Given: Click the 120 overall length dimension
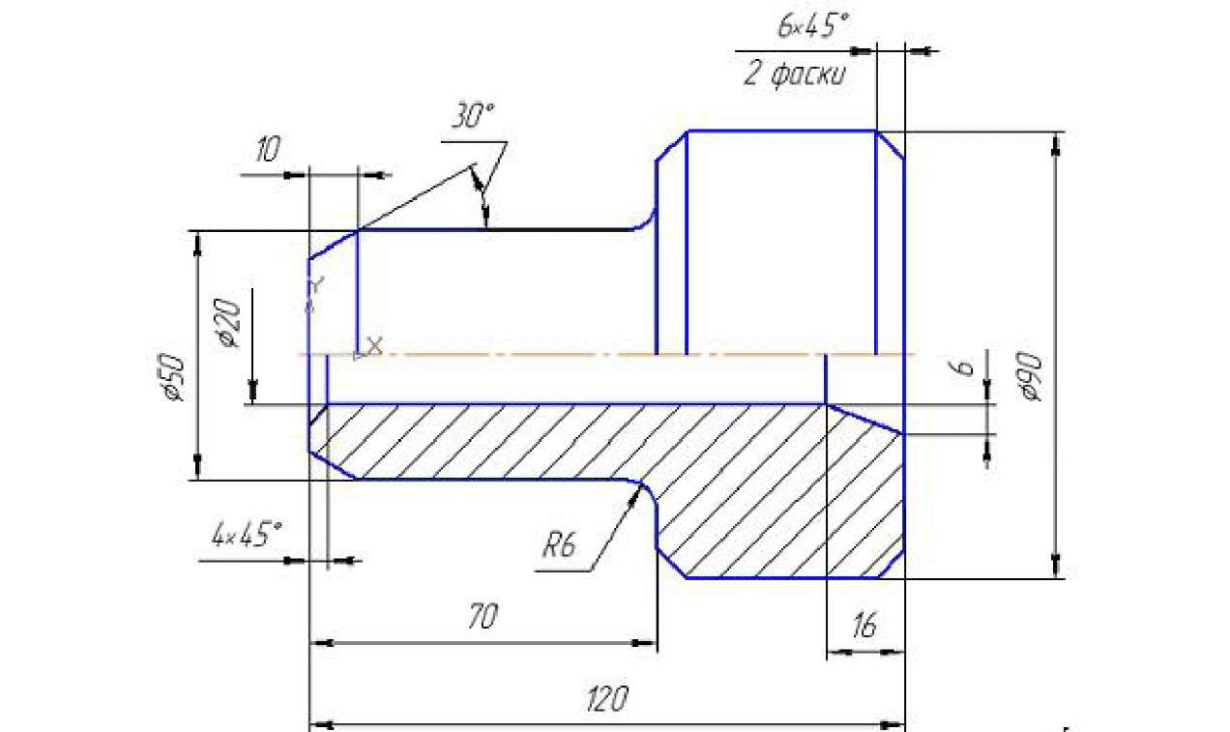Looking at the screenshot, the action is pyautogui.click(x=606, y=699).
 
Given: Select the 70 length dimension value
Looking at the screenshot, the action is pyautogui.click(x=483, y=616).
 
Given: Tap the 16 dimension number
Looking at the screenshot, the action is pyautogui.click(x=864, y=625).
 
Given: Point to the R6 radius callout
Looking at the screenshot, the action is pyautogui.click(x=560, y=545).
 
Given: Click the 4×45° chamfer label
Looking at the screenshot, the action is pyautogui.click(x=248, y=535).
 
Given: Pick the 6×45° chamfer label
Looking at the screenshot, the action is pyautogui.click(x=813, y=25).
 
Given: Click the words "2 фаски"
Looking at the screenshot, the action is pyautogui.click(x=795, y=74).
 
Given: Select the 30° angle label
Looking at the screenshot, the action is pyautogui.click(x=473, y=115).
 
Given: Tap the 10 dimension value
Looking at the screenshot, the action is pyautogui.click(x=268, y=149).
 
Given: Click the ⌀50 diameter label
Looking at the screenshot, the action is pyautogui.click(x=175, y=378).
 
